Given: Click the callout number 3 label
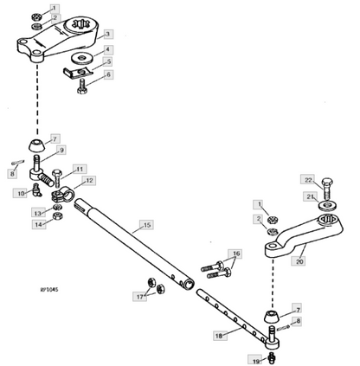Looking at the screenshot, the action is click(107, 34).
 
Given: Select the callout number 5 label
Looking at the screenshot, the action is click(108, 61).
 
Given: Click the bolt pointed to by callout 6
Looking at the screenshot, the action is click(81, 87).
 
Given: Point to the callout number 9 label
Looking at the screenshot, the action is click(61, 150).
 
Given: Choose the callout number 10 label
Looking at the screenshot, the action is click(21, 193).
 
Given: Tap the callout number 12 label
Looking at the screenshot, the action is click(89, 181).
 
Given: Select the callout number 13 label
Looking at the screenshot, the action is click(38, 213).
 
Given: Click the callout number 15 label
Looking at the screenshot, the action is click(147, 225).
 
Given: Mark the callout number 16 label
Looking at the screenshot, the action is click(235, 254).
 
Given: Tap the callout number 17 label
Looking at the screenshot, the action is click(139, 297).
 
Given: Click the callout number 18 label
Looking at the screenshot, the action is click(220, 336).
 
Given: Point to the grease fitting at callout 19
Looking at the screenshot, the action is click(271, 356).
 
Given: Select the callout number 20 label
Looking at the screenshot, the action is click(299, 261).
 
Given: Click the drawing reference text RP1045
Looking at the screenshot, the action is click(49, 289).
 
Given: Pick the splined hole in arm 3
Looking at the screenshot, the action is click(79, 23).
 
